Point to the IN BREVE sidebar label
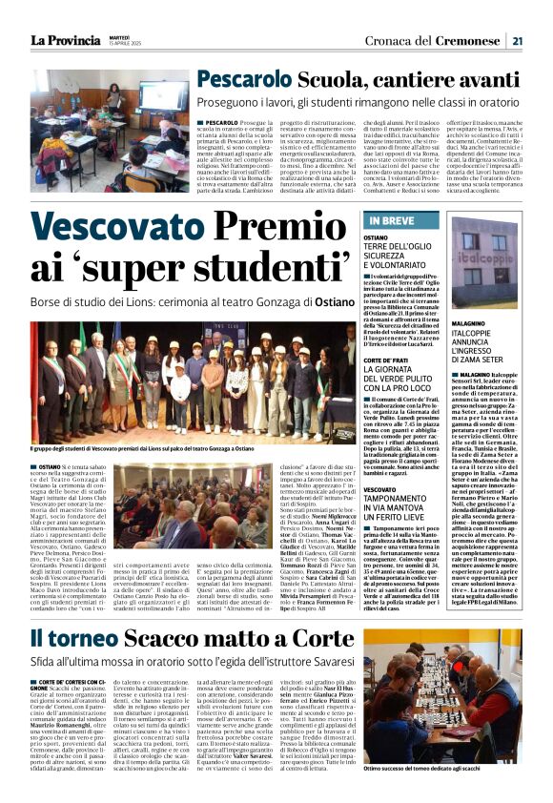coord(392,221)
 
